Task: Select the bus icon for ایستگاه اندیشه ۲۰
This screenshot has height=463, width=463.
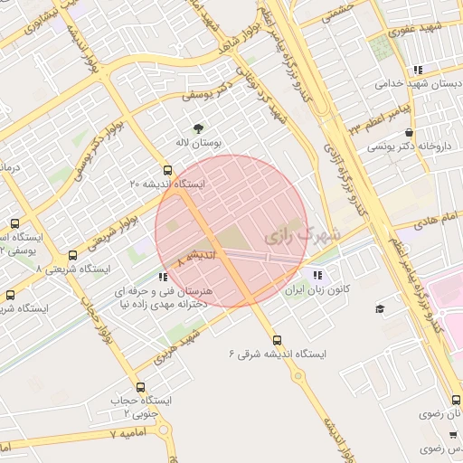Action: point(166,169)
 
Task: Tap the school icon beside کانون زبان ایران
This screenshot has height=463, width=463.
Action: point(317,276)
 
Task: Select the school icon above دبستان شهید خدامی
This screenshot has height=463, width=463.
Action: point(416,69)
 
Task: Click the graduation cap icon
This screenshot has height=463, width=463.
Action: point(380,309)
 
